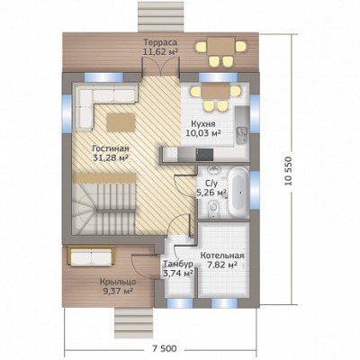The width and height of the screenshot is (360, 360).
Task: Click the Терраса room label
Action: tap(160, 42)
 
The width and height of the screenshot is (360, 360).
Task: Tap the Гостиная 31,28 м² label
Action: tap(111, 153)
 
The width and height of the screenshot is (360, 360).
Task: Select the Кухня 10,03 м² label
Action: tap(203, 129)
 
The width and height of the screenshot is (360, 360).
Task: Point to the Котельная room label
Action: tap(222, 256)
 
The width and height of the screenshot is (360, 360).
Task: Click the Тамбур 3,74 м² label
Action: tap(177, 268)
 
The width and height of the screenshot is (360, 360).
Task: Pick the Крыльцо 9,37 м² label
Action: tap(118, 286)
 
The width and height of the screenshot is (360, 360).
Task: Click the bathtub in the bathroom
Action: tap(238, 192)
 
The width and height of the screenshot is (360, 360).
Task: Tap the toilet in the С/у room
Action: tap(213, 208)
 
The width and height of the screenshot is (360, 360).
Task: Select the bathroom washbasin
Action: tap(213, 170)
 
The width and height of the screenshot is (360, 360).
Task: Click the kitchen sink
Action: tap(242, 134)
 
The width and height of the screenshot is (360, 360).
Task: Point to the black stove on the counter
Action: tap(204, 155)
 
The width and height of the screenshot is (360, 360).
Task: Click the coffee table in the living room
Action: tap(121, 122)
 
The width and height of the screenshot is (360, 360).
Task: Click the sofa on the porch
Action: tap(91, 256)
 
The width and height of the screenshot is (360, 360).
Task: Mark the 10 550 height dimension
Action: tap(288, 171)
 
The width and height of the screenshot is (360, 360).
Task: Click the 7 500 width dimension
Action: tap(165, 348)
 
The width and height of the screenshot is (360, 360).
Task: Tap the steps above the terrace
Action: tap(161, 16)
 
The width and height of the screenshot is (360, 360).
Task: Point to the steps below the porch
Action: tap(133, 320)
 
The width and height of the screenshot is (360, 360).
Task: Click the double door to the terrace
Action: tap(161, 67)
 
